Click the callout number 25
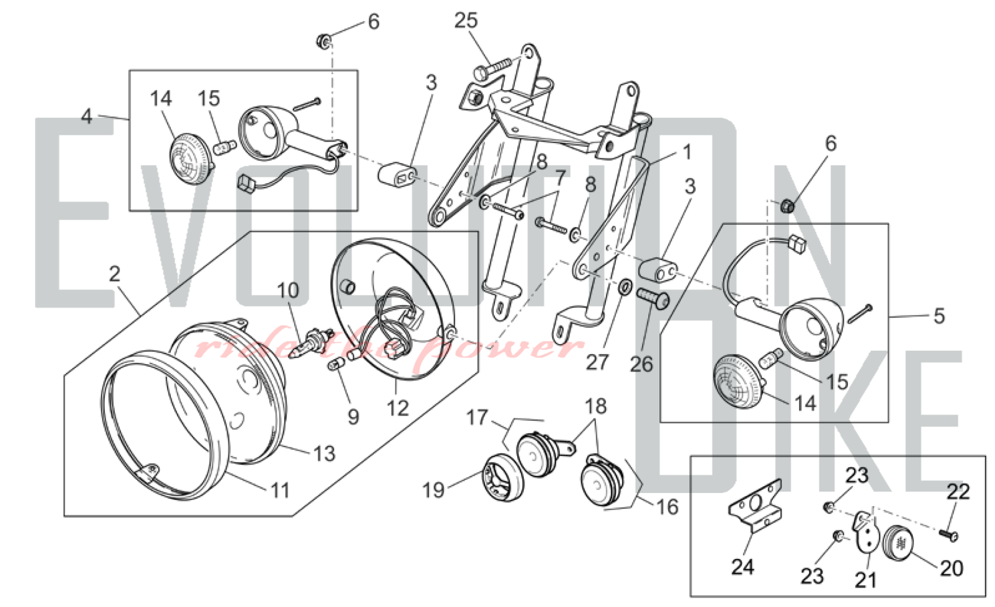click(466, 21)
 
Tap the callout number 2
click(115, 274)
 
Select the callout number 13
click(324, 453)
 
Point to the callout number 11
click(280, 491)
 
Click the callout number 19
click(433, 490)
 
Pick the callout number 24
click(742, 567)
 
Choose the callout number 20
click(951, 568)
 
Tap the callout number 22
click(958, 492)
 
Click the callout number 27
click(597, 363)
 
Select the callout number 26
click(641, 364)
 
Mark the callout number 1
click(687, 152)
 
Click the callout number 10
click(288, 290)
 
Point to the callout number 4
click(87, 117)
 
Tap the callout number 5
click(939, 316)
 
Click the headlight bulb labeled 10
click(312, 338)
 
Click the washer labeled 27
click(625, 287)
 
